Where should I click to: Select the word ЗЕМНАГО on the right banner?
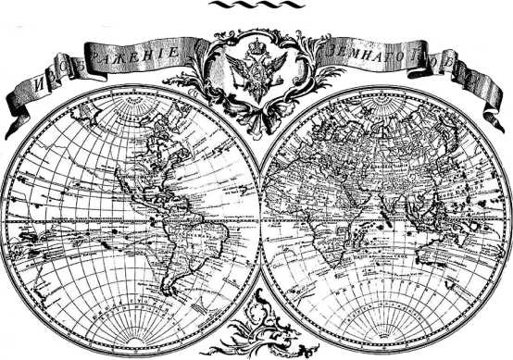[x=357, y=56]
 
